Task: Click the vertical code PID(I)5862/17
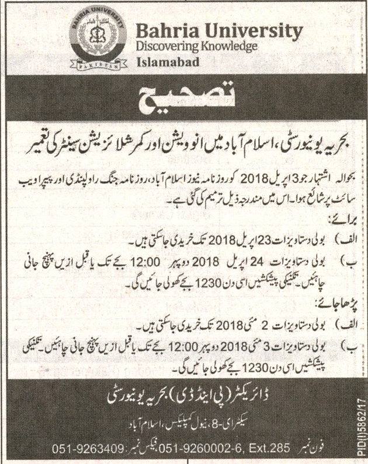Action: (x=360, y=426)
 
